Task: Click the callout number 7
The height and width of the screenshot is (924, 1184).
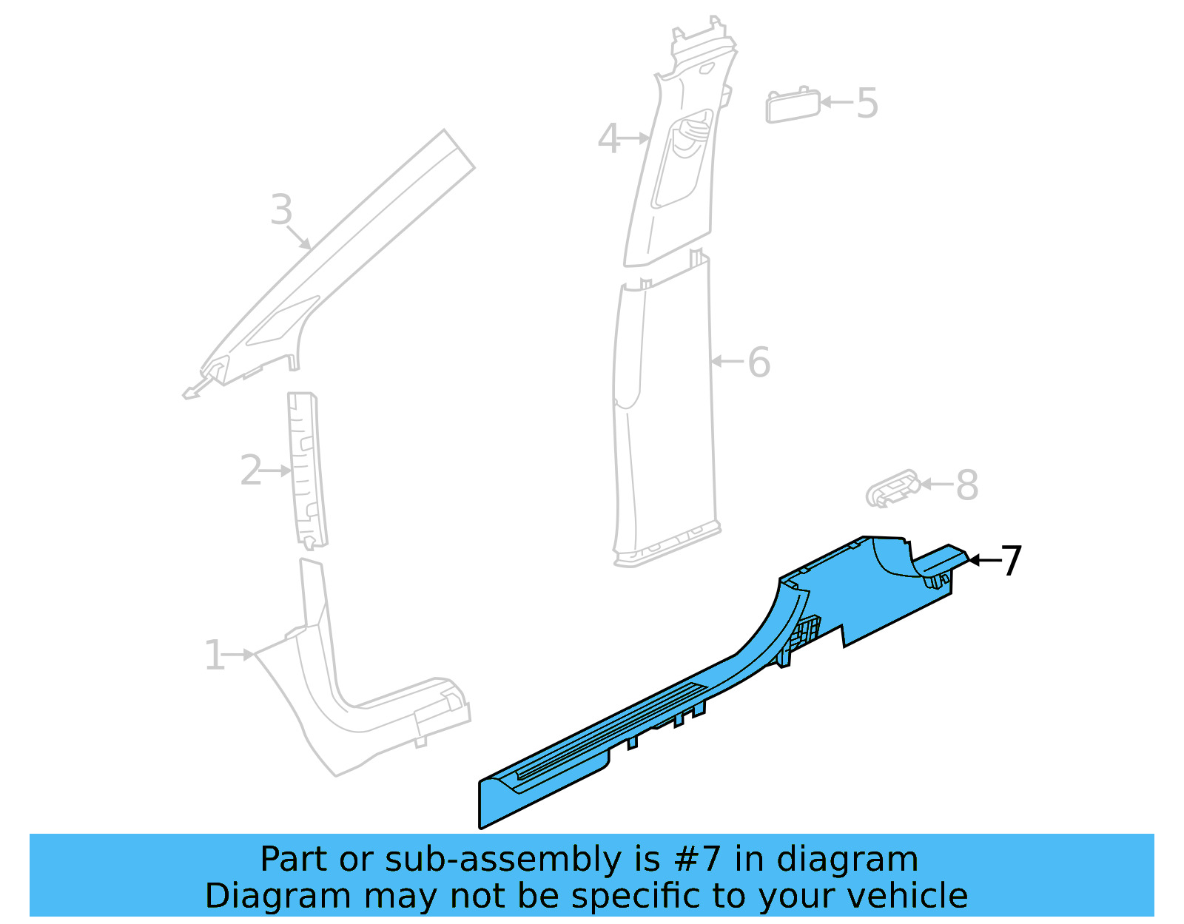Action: [1012, 561]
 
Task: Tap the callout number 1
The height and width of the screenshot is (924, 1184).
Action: [214, 655]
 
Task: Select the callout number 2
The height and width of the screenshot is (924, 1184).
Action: [251, 471]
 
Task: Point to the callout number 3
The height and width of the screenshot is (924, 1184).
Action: [281, 210]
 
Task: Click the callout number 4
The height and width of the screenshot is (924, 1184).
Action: [608, 139]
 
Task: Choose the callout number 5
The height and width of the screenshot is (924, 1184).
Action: [867, 104]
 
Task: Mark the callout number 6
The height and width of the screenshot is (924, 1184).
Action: [759, 362]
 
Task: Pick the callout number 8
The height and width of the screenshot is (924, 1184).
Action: [967, 485]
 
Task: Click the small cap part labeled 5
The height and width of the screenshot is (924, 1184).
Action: [792, 106]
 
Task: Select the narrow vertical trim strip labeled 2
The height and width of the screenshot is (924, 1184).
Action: [307, 470]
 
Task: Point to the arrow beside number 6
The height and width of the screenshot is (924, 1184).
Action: [727, 362]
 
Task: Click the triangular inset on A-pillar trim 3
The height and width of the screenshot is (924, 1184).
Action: [281, 322]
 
